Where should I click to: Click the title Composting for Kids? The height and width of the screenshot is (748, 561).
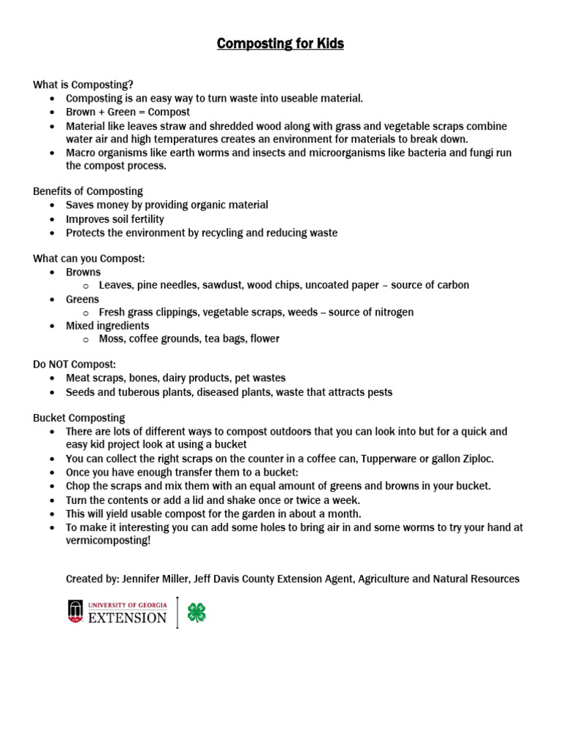point(280,44)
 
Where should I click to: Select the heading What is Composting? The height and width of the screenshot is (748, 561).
point(83,85)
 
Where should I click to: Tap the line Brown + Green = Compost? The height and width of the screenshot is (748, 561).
point(128,112)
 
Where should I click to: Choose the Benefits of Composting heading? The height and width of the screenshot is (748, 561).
point(88,191)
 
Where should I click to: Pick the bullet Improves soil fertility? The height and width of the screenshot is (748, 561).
point(115,219)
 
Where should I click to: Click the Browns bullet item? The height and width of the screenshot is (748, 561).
point(83,272)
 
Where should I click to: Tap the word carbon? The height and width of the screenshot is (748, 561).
point(452,285)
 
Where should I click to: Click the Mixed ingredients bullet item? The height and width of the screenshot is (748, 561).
point(107,326)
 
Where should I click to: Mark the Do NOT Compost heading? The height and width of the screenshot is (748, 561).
point(75,364)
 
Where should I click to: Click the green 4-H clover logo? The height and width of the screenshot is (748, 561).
point(196,612)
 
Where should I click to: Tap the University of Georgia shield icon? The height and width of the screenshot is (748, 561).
point(75,611)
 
